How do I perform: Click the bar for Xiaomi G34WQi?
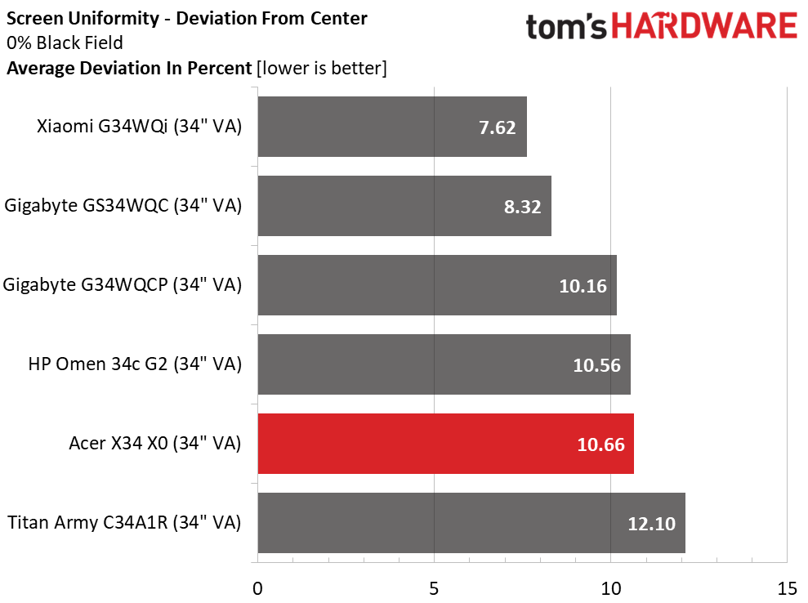[x=392, y=127]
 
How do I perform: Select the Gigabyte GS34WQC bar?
[x=404, y=206]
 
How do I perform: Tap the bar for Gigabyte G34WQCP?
[x=437, y=285]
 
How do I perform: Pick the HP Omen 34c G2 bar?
[x=444, y=364]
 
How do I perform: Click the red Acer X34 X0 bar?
[x=445, y=444]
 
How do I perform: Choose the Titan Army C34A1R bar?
[x=471, y=523]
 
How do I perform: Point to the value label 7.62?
[x=497, y=127]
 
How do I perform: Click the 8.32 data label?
[x=522, y=207]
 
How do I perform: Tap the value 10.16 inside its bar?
[x=583, y=286]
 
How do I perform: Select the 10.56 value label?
[x=597, y=365]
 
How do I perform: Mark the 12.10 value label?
[x=652, y=524]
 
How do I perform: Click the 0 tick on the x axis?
[x=258, y=587]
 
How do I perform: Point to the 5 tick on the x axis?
[x=434, y=587]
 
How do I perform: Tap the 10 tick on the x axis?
[x=610, y=587]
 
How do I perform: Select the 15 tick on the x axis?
[x=786, y=587]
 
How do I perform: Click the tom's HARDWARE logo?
[x=661, y=27]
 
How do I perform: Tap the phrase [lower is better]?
[x=321, y=69]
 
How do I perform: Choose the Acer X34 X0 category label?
[x=155, y=444]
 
